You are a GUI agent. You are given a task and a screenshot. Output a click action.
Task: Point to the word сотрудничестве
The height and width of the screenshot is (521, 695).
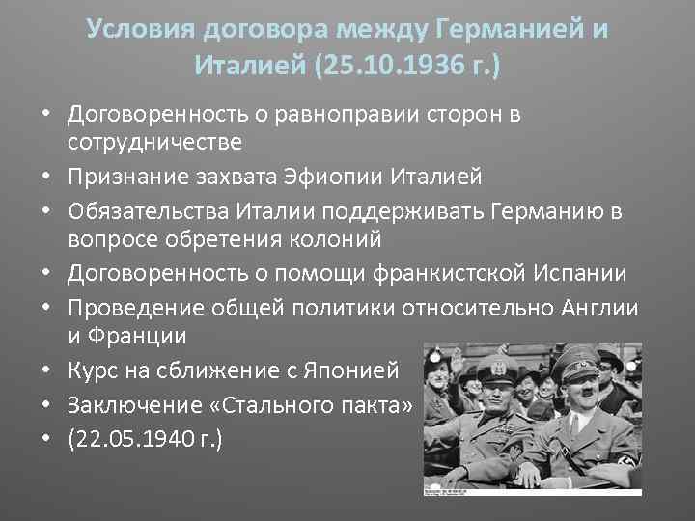[154, 142]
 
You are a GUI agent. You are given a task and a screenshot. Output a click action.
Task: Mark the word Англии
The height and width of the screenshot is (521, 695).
[603, 308]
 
